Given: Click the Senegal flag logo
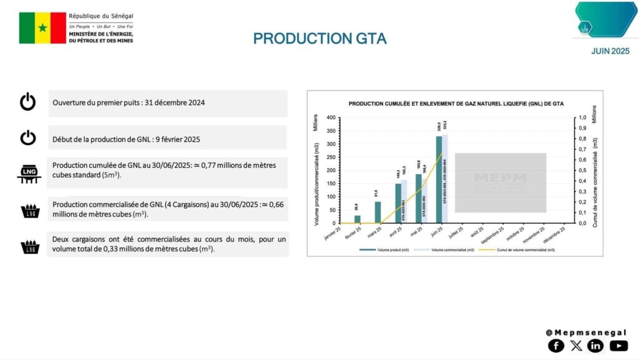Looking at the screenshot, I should point(42,28).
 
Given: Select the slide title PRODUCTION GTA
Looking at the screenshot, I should point(319,39).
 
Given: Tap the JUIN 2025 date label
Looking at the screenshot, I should point(610,51).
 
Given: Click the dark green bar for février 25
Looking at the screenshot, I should point(358,219).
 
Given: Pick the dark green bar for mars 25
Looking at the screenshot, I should point(378,212).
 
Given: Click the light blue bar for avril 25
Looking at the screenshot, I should point(404,202).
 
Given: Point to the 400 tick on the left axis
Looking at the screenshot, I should point(331,117).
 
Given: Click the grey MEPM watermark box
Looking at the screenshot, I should point(500,183).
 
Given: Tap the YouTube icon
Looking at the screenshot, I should point(618,345).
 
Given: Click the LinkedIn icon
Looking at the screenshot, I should point(595,345).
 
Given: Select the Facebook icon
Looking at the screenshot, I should point(555,345).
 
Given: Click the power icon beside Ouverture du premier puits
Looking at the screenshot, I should point(28,102).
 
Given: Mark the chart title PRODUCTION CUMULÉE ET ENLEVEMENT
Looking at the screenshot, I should point(454,104).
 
